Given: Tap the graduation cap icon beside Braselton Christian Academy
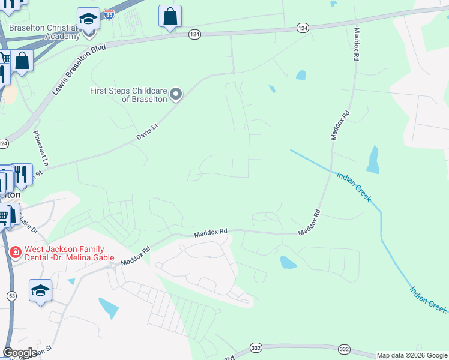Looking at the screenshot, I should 88,18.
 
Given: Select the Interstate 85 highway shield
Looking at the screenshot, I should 109,14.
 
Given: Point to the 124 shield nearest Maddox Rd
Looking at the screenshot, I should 303,28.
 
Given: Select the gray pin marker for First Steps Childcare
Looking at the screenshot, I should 176,94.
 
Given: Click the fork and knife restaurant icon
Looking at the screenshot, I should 22,174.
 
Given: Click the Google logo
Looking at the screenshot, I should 20,353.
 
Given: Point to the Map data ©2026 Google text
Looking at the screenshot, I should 412,355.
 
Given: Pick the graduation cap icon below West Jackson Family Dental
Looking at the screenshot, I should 40,290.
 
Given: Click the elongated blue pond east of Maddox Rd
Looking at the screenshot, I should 372,160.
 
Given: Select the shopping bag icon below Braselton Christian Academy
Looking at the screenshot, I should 22,61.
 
